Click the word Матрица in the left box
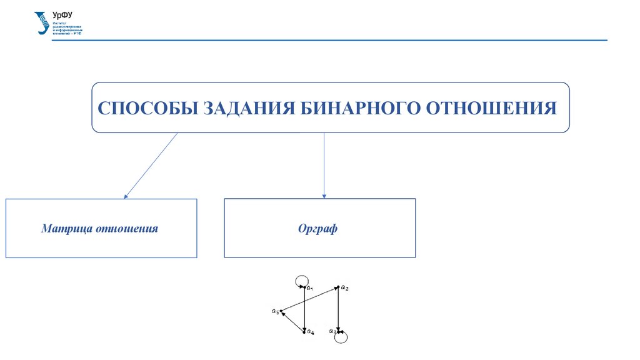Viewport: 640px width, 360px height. (67, 229)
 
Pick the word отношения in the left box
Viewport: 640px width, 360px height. (127, 229)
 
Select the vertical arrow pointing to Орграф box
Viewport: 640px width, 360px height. (324, 166)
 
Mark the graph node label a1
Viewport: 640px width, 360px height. (309, 288)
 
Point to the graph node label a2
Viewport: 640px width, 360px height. (345, 288)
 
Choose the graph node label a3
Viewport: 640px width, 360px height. (332, 332)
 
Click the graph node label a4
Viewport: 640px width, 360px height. (310, 332)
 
